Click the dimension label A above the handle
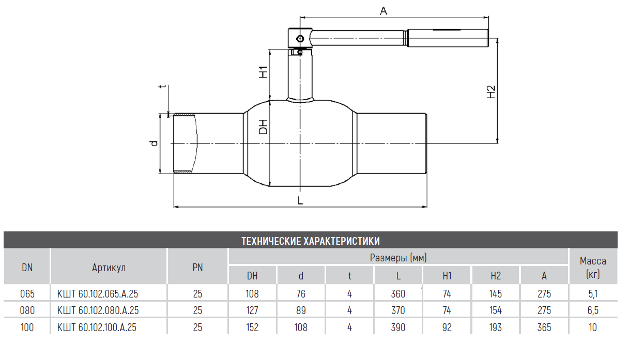point(383,10)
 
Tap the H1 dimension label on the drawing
point(263,72)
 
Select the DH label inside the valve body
point(263,127)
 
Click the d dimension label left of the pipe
point(153,143)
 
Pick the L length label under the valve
point(300,200)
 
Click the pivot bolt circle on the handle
point(299,38)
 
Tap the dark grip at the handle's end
point(448,39)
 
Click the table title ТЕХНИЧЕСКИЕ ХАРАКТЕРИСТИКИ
point(311,241)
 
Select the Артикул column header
point(109,267)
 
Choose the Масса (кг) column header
point(592,267)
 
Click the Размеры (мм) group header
point(398,257)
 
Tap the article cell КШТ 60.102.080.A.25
point(98,310)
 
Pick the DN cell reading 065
point(27,294)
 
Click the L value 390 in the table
point(398,327)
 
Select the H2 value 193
point(495,327)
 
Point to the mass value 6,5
point(592,310)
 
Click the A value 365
point(544,327)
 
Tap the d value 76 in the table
point(301,294)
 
